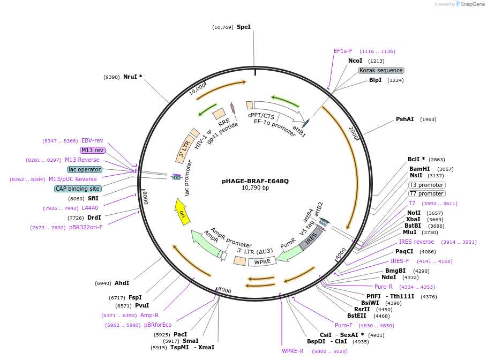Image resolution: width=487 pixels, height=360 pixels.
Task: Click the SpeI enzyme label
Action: point(244,27)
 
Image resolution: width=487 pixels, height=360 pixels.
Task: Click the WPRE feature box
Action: point(262,261)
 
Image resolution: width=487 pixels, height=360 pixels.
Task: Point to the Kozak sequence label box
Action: point(381,70)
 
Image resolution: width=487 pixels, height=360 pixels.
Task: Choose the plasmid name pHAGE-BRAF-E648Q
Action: point(255,181)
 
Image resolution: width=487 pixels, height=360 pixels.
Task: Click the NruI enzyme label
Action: point(133,77)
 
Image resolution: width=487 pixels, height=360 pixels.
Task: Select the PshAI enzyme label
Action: point(404,119)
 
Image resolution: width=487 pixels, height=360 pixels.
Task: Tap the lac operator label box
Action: point(85,169)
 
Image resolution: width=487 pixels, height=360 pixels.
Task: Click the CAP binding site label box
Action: point(78,189)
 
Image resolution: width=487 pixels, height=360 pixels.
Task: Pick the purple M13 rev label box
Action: point(93,150)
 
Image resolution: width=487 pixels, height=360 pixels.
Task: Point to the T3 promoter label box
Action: point(426,185)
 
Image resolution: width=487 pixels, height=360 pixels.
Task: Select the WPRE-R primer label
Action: point(293,351)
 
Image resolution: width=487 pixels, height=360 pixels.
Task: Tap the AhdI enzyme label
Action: point(122,283)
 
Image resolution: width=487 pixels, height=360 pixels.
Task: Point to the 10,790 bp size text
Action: point(255,188)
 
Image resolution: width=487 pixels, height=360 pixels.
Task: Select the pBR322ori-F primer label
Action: point(86,227)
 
